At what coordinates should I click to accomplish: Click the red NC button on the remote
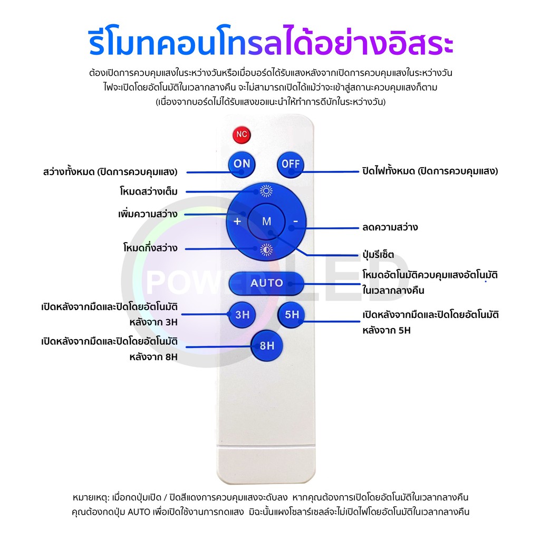point(242,134)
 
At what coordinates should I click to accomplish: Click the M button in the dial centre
point(266,221)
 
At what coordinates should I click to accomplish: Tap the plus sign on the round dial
point(237,221)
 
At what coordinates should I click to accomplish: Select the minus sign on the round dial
point(296,221)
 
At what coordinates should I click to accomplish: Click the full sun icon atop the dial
point(266,192)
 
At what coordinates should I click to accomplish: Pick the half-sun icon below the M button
point(266,250)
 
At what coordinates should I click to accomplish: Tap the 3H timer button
point(242,315)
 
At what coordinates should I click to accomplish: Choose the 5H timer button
point(292,315)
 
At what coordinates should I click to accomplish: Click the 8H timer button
point(267,346)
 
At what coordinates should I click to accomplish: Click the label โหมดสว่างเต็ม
point(149,192)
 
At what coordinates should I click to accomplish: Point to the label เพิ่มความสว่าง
point(147,215)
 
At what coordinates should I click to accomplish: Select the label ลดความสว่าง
point(390,227)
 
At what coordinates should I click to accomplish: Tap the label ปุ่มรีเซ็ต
point(378,255)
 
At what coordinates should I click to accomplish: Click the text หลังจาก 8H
point(153,356)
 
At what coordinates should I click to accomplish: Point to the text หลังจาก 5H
point(387,331)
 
